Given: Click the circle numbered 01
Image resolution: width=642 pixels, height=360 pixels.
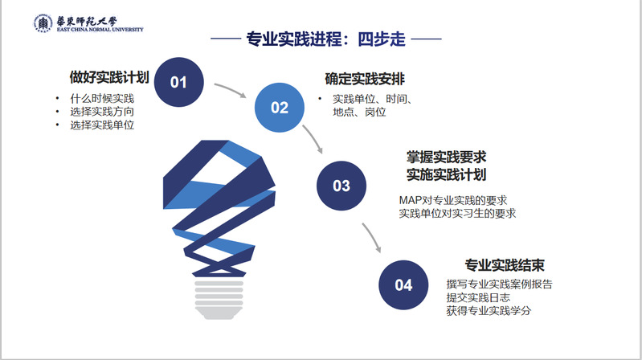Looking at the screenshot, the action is tap(178, 82).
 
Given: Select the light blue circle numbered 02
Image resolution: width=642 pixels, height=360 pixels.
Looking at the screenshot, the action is tap(280, 108).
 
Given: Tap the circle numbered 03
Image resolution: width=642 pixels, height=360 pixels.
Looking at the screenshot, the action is tap(341, 186).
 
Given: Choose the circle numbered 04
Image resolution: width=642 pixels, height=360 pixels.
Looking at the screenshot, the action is tap(403, 285).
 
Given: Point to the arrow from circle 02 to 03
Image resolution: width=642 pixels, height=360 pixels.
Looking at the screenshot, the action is tap(313, 138).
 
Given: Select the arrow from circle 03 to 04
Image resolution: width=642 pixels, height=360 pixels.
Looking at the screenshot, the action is tap(372, 237).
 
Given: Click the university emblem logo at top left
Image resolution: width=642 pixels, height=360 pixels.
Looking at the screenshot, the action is tap(43, 23).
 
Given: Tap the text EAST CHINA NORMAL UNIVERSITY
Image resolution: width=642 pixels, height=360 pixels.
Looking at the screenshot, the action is tap(100, 30).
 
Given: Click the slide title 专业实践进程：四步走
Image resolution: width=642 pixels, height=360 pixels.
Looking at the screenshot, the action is tap(325, 39).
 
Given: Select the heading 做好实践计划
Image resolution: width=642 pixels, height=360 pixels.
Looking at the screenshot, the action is tap(109, 77).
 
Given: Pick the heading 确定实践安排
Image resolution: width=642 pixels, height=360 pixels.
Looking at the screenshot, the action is tap(365, 79).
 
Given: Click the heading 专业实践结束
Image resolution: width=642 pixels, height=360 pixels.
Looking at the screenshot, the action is tap(505, 265).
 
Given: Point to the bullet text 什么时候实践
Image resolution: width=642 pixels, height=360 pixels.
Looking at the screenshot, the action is tap(102, 98).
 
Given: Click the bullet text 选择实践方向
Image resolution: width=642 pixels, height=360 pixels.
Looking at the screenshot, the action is tap(102, 112).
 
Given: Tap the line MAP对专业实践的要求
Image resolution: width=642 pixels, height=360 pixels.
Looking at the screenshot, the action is tap(453, 200).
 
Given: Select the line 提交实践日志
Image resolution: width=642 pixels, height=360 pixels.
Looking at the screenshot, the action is tap(478, 297).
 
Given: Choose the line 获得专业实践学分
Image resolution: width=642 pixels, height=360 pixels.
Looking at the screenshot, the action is tap(489, 311).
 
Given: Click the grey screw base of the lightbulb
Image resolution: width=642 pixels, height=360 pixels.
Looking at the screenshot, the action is tap(219, 300).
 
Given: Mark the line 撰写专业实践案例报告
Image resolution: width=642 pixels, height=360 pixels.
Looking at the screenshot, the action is tap(499, 284).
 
